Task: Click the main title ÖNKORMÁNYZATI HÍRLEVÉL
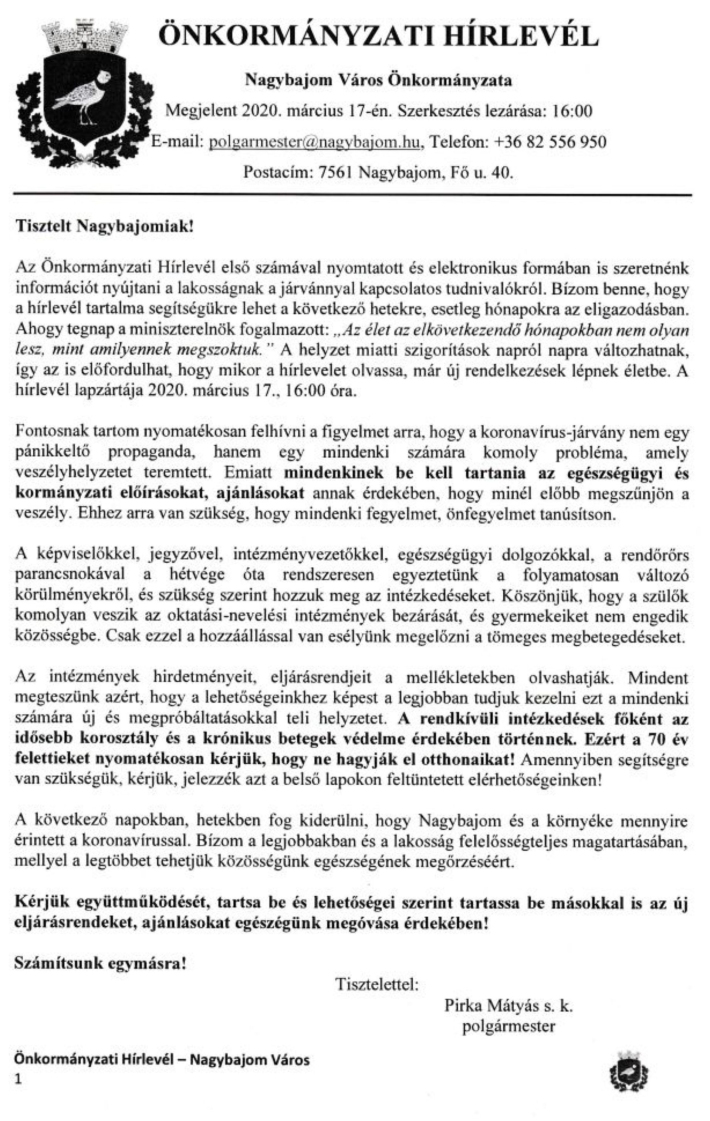[x=378, y=36]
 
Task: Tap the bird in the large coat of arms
[x=84, y=95]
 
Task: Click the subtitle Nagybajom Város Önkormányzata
[x=378, y=81]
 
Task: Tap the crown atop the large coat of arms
[x=85, y=35]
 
